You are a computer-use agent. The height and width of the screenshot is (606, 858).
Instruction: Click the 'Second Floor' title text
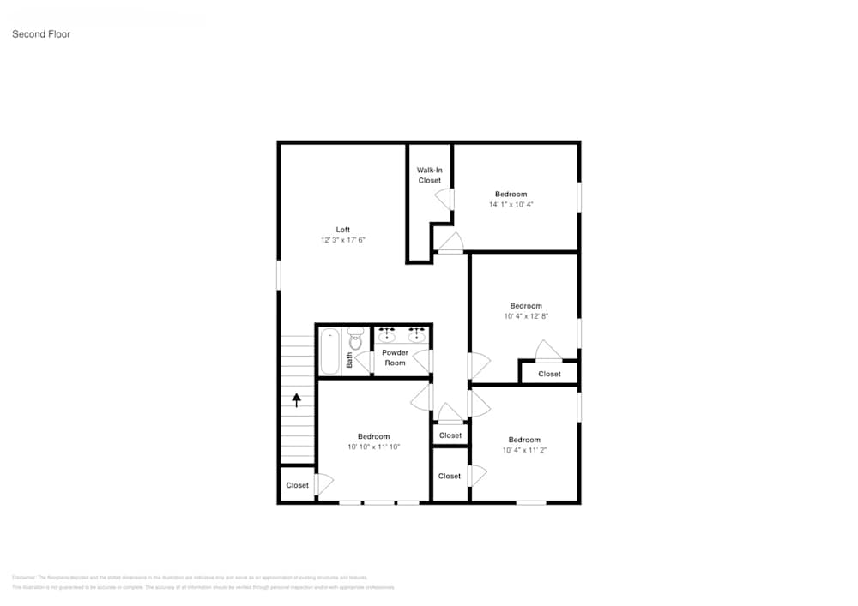point(41,34)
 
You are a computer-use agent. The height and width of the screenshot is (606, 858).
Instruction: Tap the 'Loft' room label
point(342,230)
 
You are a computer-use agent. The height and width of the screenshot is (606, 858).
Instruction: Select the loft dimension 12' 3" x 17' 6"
point(342,241)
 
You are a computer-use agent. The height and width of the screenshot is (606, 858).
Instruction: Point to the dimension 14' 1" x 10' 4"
point(511,205)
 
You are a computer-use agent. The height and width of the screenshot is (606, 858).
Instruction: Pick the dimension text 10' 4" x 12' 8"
point(526,316)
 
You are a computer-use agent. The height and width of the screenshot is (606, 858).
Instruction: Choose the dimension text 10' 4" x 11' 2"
point(523,450)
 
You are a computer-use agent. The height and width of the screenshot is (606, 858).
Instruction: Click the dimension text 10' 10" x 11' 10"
point(373,447)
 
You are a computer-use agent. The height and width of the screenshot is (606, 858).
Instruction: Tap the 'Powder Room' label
point(395,357)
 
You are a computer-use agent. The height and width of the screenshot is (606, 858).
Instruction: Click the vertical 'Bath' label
point(349,361)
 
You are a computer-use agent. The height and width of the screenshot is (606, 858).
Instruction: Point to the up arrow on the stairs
point(297,399)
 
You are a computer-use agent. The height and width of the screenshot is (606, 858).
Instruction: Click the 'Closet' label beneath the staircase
point(297,485)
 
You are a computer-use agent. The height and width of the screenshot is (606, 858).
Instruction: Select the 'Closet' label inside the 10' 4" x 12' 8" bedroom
point(549,374)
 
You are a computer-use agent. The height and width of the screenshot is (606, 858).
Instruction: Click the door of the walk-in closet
point(444,199)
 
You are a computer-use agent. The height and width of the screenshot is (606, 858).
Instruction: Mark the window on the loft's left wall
point(279,275)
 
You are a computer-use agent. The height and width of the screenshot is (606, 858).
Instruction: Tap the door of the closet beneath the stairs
point(323,484)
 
